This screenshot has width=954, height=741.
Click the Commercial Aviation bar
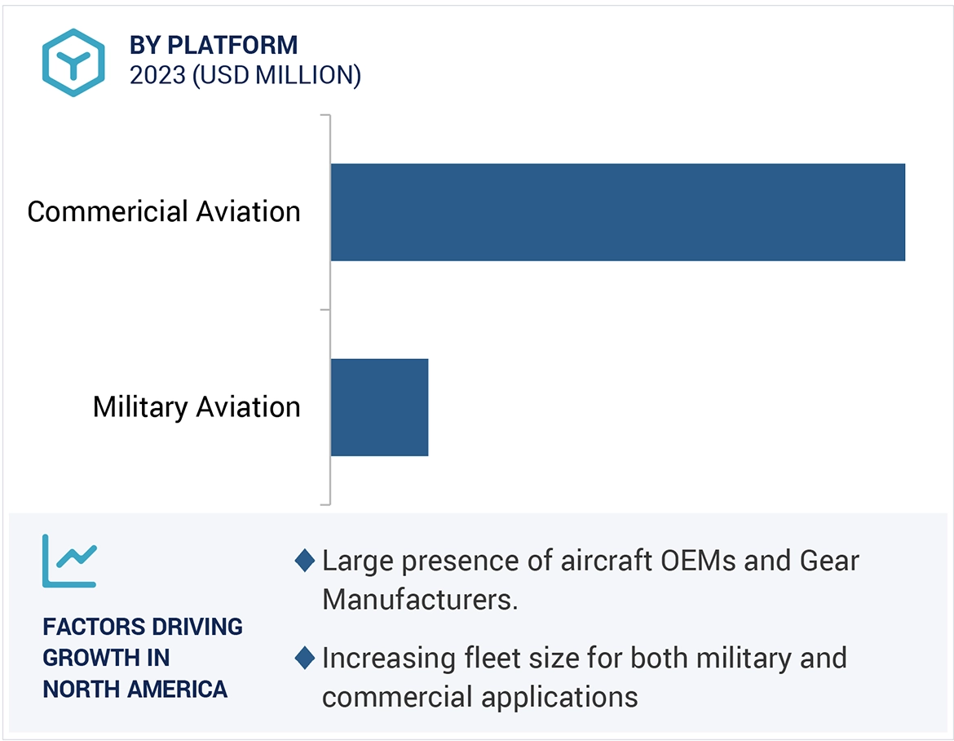(617, 212)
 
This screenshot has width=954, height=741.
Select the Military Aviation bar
(379, 406)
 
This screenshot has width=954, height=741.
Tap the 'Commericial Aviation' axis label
(164, 212)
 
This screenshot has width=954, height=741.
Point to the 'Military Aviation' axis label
(197, 406)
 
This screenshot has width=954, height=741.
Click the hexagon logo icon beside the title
(74, 63)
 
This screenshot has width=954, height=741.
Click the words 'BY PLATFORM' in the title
(214, 45)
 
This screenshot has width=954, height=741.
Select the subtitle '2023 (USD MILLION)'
(245, 75)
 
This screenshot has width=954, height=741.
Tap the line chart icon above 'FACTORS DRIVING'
(69, 561)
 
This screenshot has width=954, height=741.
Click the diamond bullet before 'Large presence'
(305, 561)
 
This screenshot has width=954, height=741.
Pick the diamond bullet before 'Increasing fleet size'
(305, 658)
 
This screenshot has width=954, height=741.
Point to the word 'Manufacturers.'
(421, 600)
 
